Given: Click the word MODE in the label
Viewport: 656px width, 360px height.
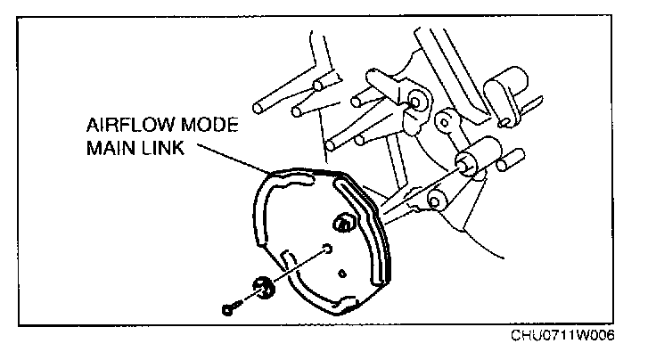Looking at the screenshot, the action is tap(215, 125).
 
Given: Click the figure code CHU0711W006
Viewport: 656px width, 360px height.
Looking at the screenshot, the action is tap(563, 336).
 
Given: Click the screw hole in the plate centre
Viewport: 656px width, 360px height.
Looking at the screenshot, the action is tap(327, 249).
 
